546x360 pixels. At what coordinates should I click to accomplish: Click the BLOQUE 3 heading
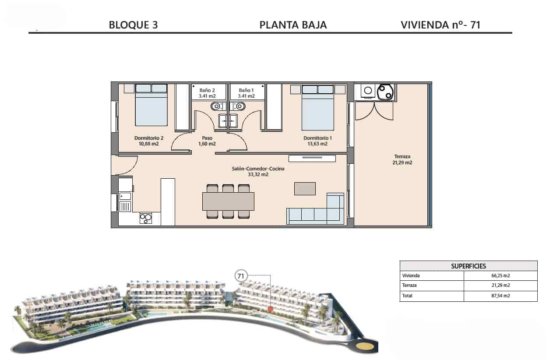click(134, 25)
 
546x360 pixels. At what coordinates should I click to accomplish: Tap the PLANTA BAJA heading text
click(293, 25)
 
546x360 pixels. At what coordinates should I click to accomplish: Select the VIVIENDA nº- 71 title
click(440, 25)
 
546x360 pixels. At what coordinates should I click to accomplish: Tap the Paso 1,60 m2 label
click(207, 141)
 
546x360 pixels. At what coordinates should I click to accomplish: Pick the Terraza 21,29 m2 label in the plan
click(402, 159)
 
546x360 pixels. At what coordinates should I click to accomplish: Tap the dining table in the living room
click(228, 201)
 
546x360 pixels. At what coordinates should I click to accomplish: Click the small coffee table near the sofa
click(305, 189)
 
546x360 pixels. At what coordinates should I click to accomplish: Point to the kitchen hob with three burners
click(146, 219)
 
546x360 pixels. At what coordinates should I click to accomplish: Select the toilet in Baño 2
click(216, 106)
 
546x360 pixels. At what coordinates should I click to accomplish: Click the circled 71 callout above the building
click(241, 276)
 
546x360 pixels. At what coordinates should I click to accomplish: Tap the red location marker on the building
click(270, 309)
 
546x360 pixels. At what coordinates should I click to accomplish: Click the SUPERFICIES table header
click(468, 266)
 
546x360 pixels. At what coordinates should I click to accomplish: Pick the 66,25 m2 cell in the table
click(500, 275)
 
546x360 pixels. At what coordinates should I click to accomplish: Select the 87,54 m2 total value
click(500, 296)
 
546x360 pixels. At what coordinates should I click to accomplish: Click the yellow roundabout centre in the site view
click(363, 346)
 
